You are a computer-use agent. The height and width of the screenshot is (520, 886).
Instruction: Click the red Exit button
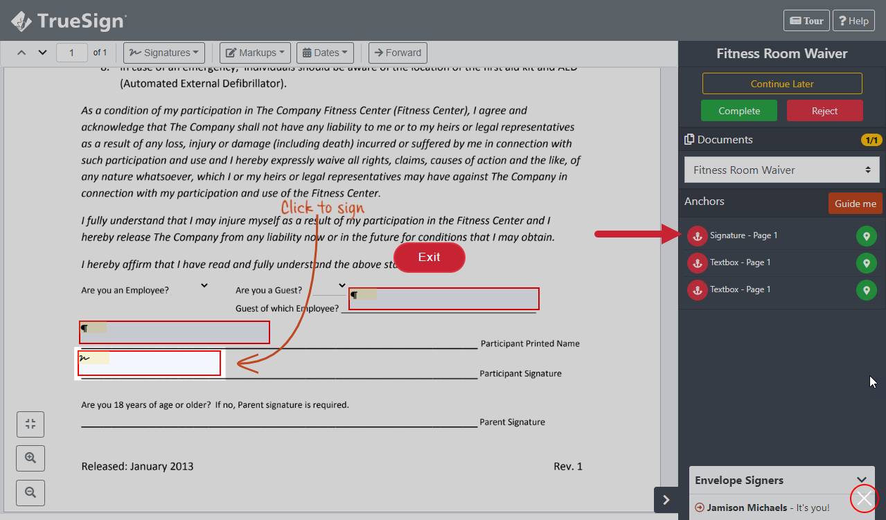coord(429,258)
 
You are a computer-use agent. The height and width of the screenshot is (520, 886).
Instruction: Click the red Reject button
coord(824,111)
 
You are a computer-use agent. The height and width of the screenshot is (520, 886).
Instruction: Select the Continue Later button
coord(782,84)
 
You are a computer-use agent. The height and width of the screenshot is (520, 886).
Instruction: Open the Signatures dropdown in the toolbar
coord(164,53)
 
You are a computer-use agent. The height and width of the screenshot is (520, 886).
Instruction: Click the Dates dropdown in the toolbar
coord(325,53)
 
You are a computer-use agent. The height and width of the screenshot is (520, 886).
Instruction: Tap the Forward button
coord(398,53)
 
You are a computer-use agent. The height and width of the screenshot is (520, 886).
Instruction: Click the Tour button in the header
coord(806,21)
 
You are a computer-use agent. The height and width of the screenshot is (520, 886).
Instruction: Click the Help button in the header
coord(853,21)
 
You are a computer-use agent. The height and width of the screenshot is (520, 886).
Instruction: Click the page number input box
coord(72,53)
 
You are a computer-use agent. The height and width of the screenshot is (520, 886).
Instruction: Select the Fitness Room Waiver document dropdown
coord(781,170)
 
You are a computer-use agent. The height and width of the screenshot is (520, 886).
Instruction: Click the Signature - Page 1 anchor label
coord(743,235)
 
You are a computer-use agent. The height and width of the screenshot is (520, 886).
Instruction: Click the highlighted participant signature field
coord(150,364)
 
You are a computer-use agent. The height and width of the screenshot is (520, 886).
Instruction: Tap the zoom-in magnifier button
coord(30,458)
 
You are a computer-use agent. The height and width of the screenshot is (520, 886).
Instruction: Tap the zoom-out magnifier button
coord(30,492)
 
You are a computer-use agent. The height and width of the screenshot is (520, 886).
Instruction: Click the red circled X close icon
coord(865,499)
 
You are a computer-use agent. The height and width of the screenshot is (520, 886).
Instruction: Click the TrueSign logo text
coord(81,21)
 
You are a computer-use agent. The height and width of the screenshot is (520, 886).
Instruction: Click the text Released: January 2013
coord(137,466)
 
